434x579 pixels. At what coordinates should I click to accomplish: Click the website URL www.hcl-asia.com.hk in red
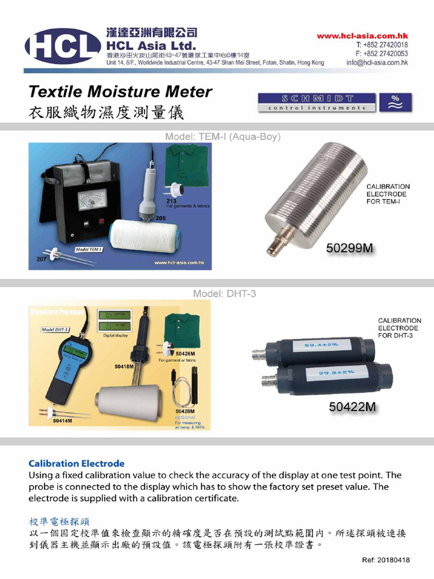coord(362,36)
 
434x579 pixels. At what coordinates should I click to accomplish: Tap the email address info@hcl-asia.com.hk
coord(377,63)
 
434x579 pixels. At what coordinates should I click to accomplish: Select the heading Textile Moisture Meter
coord(120,92)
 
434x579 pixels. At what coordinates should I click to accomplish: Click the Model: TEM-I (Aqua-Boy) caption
coord(223,137)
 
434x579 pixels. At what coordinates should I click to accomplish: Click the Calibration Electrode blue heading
coord(76,463)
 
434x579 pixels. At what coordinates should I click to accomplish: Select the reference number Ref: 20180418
coord(386,560)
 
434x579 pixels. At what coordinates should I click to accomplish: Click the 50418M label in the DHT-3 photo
coord(124,366)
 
